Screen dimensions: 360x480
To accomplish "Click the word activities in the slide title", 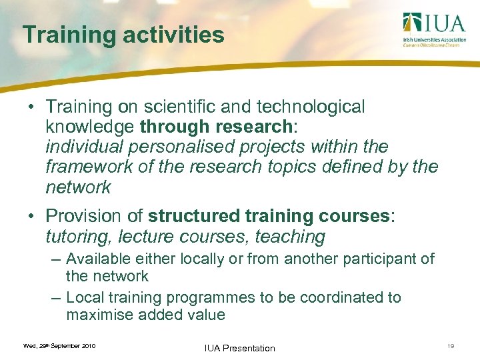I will pos(169,35).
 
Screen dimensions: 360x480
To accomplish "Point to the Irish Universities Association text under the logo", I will pos(434,40).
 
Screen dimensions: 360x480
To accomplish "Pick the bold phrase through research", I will pos(209,127).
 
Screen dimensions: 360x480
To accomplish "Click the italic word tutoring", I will pos(74,237).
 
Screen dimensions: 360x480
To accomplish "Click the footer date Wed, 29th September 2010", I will pos(59,346).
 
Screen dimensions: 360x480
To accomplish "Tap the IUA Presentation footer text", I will pos(239,348).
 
